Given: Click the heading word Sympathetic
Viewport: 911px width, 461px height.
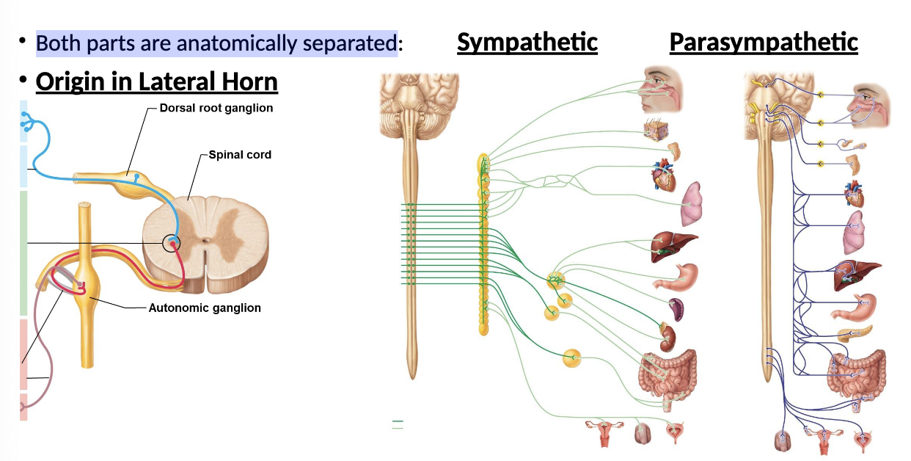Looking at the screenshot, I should (x=527, y=43).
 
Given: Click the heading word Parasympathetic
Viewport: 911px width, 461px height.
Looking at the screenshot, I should (x=763, y=43).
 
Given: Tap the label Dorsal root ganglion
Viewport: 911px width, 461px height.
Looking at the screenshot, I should (x=216, y=108).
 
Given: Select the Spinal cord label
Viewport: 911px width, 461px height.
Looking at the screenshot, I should (x=240, y=155).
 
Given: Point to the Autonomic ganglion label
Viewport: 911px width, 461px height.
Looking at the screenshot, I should (x=205, y=308).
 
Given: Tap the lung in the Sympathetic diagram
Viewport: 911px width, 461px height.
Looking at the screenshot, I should (x=691, y=203).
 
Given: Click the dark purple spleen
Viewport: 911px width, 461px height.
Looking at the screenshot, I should (x=676, y=310).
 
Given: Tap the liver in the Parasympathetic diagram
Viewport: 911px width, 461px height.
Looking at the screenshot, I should (x=855, y=276).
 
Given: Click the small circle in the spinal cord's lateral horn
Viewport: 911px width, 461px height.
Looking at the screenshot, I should (x=171, y=243).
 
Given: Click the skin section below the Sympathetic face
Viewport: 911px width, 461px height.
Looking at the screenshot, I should (x=654, y=130).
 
